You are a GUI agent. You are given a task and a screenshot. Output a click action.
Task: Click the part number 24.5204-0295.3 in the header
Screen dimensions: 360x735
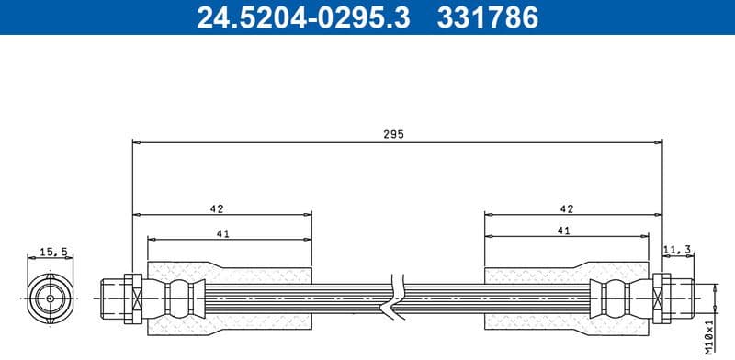tap(303, 17)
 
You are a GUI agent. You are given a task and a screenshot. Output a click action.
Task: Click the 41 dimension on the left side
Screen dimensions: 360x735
tap(221, 233)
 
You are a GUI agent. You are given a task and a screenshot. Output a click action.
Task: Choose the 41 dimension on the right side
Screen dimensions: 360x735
tap(564, 233)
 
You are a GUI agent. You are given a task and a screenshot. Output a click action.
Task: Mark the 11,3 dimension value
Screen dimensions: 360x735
tap(677, 248)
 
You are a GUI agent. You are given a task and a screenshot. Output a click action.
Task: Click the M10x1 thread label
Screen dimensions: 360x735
tap(708, 334)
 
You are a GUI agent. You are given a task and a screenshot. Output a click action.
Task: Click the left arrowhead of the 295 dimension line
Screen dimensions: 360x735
tap(136, 142)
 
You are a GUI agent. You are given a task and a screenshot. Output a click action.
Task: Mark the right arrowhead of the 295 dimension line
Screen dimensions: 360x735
tap(658, 142)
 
